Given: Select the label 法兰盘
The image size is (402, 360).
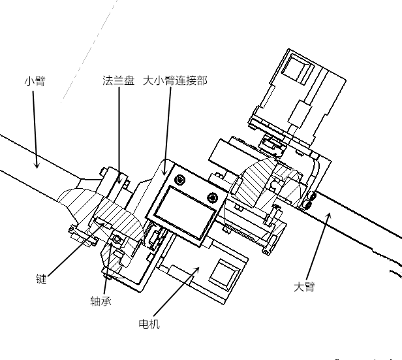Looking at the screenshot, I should (118, 81).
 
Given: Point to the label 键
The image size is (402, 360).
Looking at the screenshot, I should (42, 278).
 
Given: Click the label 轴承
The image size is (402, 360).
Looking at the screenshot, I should (100, 301).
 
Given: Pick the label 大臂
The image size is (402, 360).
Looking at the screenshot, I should (304, 286).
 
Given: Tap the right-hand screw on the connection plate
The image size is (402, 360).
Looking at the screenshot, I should (211, 197).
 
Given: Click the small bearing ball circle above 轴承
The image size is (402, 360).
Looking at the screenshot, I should (117, 240).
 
